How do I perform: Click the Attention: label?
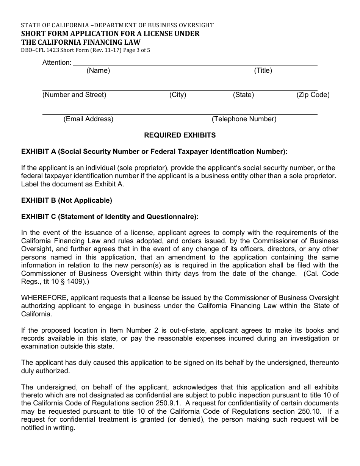(x=56, y=63)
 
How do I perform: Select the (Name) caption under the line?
(x=98, y=70)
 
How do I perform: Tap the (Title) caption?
(x=263, y=70)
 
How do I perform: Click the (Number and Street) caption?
(x=74, y=95)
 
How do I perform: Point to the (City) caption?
(x=178, y=95)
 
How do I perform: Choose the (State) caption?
(x=243, y=95)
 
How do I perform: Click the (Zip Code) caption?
(x=313, y=95)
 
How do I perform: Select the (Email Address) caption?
(x=88, y=119)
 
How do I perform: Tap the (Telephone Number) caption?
(x=244, y=119)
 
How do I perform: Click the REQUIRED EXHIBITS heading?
(x=180, y=135)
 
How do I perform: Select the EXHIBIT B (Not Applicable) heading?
(x=67, y=200)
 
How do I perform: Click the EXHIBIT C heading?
(x=110, y=217)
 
